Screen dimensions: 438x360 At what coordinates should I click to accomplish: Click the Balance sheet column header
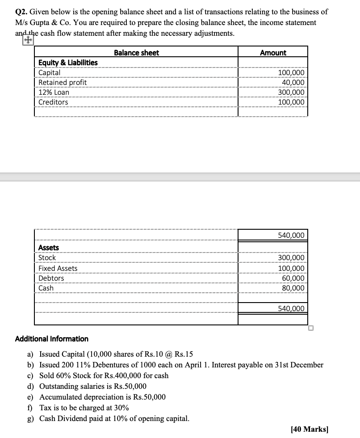[136, 53]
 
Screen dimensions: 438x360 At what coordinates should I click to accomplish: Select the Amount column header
[273, 53]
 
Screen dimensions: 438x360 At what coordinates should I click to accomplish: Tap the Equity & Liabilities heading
[68, 63]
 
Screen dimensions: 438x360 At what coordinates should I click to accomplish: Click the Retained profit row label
[63, 82]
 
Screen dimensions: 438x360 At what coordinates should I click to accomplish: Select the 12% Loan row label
[54, 92]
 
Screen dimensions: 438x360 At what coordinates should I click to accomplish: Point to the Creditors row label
[53, 102]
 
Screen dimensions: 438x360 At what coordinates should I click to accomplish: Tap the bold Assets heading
[49, 248]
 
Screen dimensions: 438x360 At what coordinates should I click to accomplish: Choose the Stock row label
[47, 258]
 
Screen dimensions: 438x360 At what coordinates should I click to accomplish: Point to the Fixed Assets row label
[58, 268]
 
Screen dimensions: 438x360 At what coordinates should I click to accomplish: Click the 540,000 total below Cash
[291, 308]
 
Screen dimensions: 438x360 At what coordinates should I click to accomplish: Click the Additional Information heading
[52, 339]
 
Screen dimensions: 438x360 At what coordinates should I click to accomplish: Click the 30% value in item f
[121, 408]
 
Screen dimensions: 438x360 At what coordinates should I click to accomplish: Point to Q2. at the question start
[21, 12]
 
